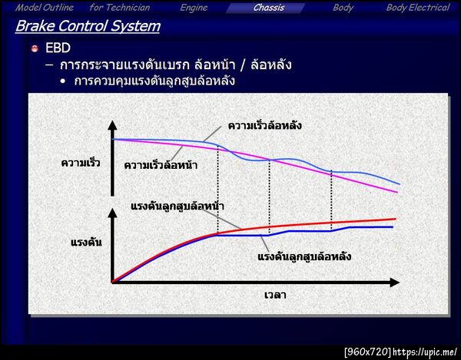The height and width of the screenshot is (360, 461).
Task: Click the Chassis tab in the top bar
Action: (x=269, y=8)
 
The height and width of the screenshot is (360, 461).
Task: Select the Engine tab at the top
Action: (x=194, y=8)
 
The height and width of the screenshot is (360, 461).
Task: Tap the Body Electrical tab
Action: (x=417, y=8)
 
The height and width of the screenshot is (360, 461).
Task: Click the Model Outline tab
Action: (x=45, y=8)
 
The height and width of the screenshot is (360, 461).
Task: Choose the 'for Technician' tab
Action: (x=120, y=8)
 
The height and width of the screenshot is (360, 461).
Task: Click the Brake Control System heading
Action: (x=88, y=26)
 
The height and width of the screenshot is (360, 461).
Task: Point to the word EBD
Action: (x=58, y=48)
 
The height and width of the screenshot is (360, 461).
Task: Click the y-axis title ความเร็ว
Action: (x=81, y=163)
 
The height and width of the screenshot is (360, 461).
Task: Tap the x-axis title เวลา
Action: (x=274, y=294)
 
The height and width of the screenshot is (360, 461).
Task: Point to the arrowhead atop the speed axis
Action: (x=113, y=124)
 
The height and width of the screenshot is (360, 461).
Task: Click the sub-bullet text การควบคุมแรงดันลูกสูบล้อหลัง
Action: (x=154, y=81)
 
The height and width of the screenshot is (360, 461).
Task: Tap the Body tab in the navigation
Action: (x=343, y=8)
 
